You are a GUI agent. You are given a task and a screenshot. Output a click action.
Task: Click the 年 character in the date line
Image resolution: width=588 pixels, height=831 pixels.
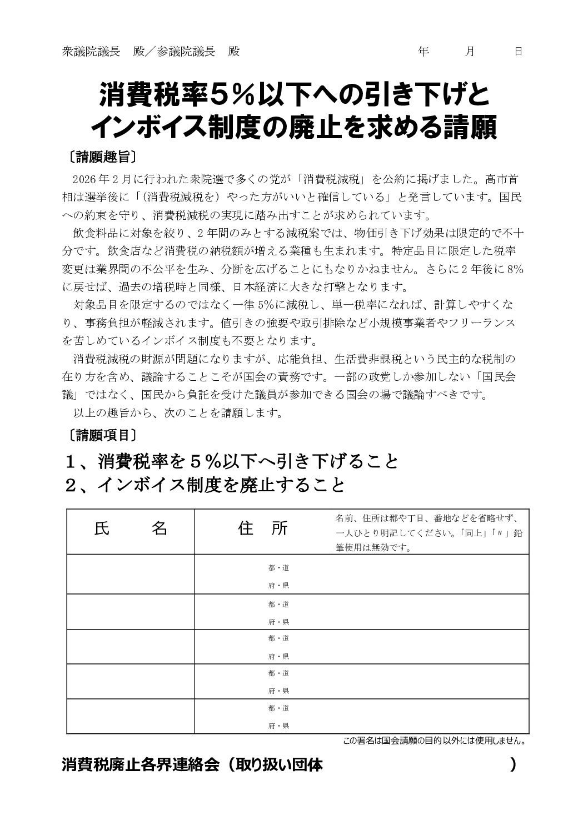423,52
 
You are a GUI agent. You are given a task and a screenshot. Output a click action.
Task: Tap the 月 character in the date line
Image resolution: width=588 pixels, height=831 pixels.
470,52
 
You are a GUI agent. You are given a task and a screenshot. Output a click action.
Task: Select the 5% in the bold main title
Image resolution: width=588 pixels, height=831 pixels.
230,94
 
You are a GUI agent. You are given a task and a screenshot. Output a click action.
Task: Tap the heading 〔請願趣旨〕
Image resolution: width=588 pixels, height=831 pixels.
100,157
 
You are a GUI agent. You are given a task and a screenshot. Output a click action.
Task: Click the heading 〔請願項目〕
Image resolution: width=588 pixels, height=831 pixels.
100,434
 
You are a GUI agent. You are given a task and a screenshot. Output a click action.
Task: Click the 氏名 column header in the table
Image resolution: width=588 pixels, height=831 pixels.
131,528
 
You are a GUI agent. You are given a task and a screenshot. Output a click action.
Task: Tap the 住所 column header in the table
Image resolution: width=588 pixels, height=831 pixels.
263,528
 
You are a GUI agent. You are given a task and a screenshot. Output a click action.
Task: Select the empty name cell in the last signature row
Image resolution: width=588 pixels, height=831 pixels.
131,716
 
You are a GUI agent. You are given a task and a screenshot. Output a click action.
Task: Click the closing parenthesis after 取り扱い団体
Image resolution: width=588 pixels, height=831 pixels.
512,764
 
